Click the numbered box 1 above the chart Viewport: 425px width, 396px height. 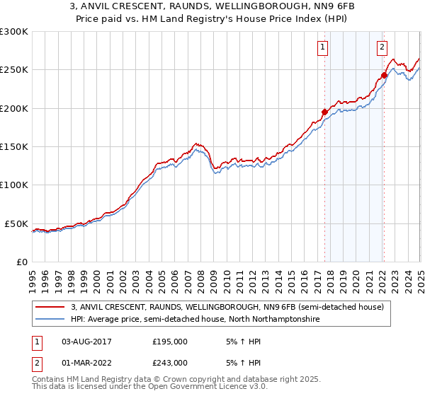pos(322,47)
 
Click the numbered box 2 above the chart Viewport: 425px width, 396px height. pos(382,47)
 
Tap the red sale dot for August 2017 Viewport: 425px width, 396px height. pos(324,112)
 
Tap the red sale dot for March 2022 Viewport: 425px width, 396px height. pos(384,75)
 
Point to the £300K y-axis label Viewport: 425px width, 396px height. pos(13,32)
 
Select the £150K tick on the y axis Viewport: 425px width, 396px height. pos(13,146)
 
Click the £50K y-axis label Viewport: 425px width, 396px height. pos(16,223)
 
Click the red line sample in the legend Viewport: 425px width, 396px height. pos(51,307)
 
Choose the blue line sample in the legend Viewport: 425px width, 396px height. pos(51,320)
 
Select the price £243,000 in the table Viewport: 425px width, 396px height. pos(170,363)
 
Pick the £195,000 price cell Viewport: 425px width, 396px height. pos(170,341)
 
